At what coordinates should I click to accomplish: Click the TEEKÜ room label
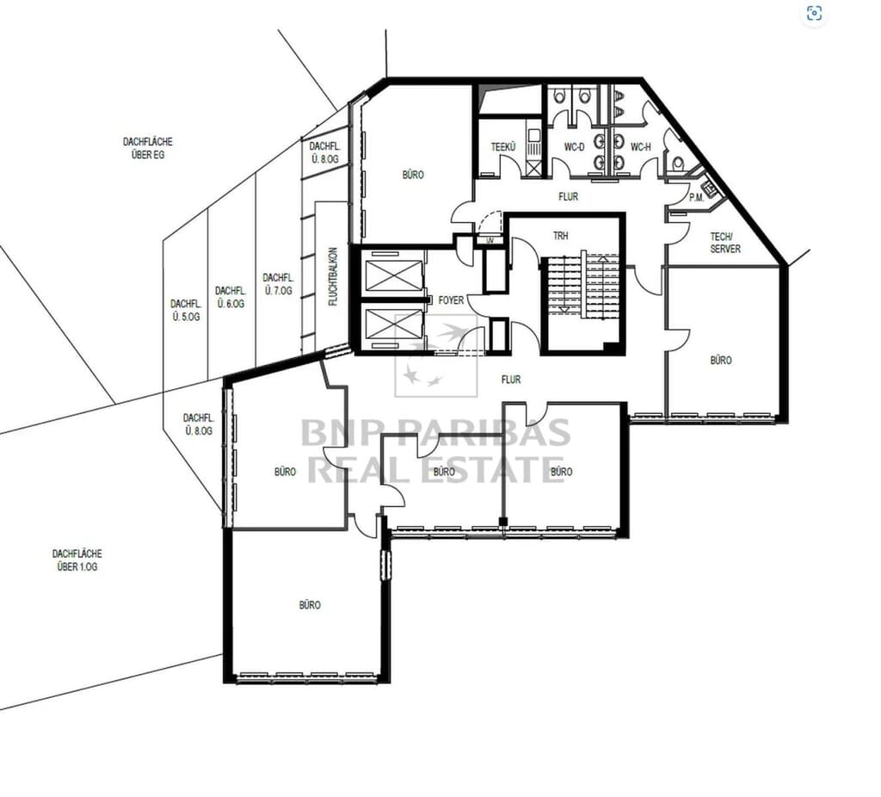(502, 147)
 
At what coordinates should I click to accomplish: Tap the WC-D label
(574, 147)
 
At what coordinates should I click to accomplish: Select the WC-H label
(640, 147)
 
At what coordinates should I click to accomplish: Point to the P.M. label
(696, 198)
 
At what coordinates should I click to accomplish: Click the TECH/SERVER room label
(725, 243)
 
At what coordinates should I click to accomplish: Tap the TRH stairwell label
(560, 236)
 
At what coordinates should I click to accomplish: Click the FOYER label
(451, 300)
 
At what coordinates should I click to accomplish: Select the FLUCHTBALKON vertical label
(333, 276)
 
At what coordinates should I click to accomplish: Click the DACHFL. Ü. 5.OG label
(186, 310)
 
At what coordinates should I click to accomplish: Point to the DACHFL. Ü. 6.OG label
(231, 297)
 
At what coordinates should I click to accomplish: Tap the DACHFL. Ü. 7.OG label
(278, 284)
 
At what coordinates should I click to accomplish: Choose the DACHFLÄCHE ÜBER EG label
(148, 148)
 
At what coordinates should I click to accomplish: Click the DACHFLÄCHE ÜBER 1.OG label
(77, 560)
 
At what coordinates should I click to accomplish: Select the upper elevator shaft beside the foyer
(393, 274)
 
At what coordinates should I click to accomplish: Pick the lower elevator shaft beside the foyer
(393, 326)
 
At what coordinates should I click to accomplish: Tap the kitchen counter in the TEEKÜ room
(533, 148)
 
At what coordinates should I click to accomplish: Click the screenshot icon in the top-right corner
(814, 13)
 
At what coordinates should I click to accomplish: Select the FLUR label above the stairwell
(568, 197)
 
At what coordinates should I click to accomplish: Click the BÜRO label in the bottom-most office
(310, 605)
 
